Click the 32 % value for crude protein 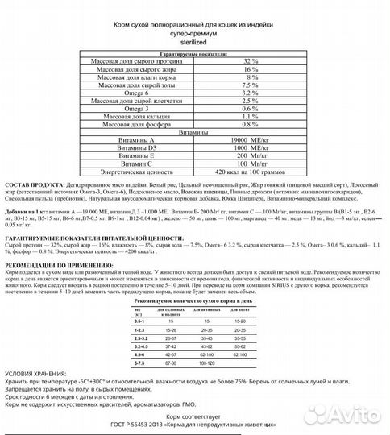click(x=250, y=62)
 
